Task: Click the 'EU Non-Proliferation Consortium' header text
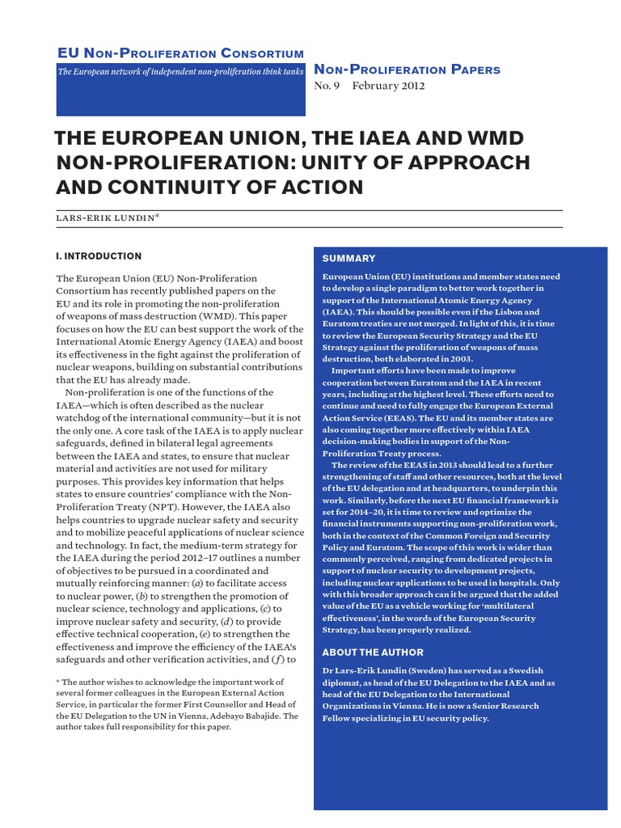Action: pos(180,53)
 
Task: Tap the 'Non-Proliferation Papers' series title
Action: pos(407,70)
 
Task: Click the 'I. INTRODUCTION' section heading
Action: pos(98,256)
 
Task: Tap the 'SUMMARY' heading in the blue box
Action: pos(349,259)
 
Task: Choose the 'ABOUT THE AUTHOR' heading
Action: pos(373,653)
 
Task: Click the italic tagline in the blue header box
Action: pos(180,72)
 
